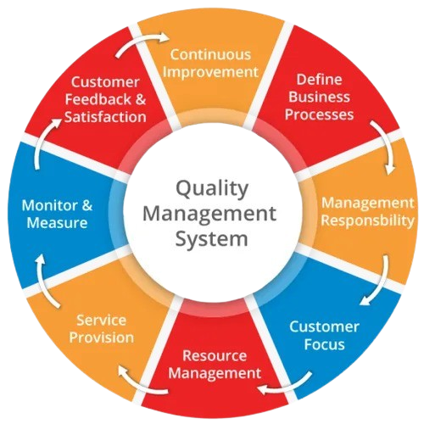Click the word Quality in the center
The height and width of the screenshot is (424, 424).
pos(212,189)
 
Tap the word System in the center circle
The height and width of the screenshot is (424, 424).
pos(211,239)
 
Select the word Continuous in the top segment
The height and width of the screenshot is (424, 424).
pos(210,54)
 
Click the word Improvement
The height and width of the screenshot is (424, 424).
pos(210,72)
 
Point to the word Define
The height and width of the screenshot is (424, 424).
pos(319,80)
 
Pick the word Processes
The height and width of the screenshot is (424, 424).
pos(319,114)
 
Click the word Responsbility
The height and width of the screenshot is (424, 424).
pos(368,220)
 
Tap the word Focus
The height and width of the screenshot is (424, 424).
pos(325,344)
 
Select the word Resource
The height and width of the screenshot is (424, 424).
pos(215,355)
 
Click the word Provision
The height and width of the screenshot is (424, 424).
pos(102,338)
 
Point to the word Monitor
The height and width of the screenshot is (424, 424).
pos(49,205)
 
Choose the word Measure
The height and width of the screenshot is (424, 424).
pos(57,223)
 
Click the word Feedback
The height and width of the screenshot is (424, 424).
pos(98,99)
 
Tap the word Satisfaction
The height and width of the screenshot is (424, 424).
pos(105,117)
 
